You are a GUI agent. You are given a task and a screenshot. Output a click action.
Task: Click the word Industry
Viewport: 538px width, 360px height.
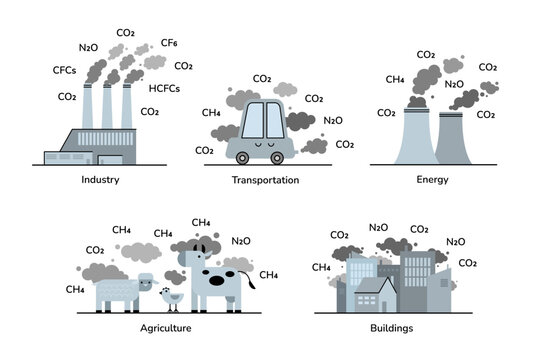102,180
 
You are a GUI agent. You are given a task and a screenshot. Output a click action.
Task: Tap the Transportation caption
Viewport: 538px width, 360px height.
265,180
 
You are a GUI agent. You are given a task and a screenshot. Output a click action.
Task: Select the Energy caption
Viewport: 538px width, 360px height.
433,180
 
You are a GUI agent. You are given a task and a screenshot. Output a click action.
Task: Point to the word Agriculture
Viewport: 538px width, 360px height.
165,327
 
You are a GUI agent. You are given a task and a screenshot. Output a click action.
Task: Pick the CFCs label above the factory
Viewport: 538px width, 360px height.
65,70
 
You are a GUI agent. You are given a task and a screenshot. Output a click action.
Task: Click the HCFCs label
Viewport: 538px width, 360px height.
165,88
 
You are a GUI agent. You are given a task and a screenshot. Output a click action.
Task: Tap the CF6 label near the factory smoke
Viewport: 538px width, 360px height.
169,43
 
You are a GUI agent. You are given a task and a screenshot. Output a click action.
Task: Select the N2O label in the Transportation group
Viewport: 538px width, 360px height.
333,120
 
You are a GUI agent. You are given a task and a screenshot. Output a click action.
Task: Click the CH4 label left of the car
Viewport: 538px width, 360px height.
211,113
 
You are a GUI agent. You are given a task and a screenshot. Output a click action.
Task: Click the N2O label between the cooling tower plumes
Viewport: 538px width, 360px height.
454,84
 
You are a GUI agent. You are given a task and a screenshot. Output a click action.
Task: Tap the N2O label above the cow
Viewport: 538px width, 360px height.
241,240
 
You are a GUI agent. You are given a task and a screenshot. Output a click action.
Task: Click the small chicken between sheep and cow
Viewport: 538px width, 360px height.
174,297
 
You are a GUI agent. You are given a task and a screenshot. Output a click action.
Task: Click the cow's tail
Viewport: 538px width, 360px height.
251,284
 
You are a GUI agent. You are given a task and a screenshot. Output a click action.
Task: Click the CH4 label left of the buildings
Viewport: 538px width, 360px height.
322,267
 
